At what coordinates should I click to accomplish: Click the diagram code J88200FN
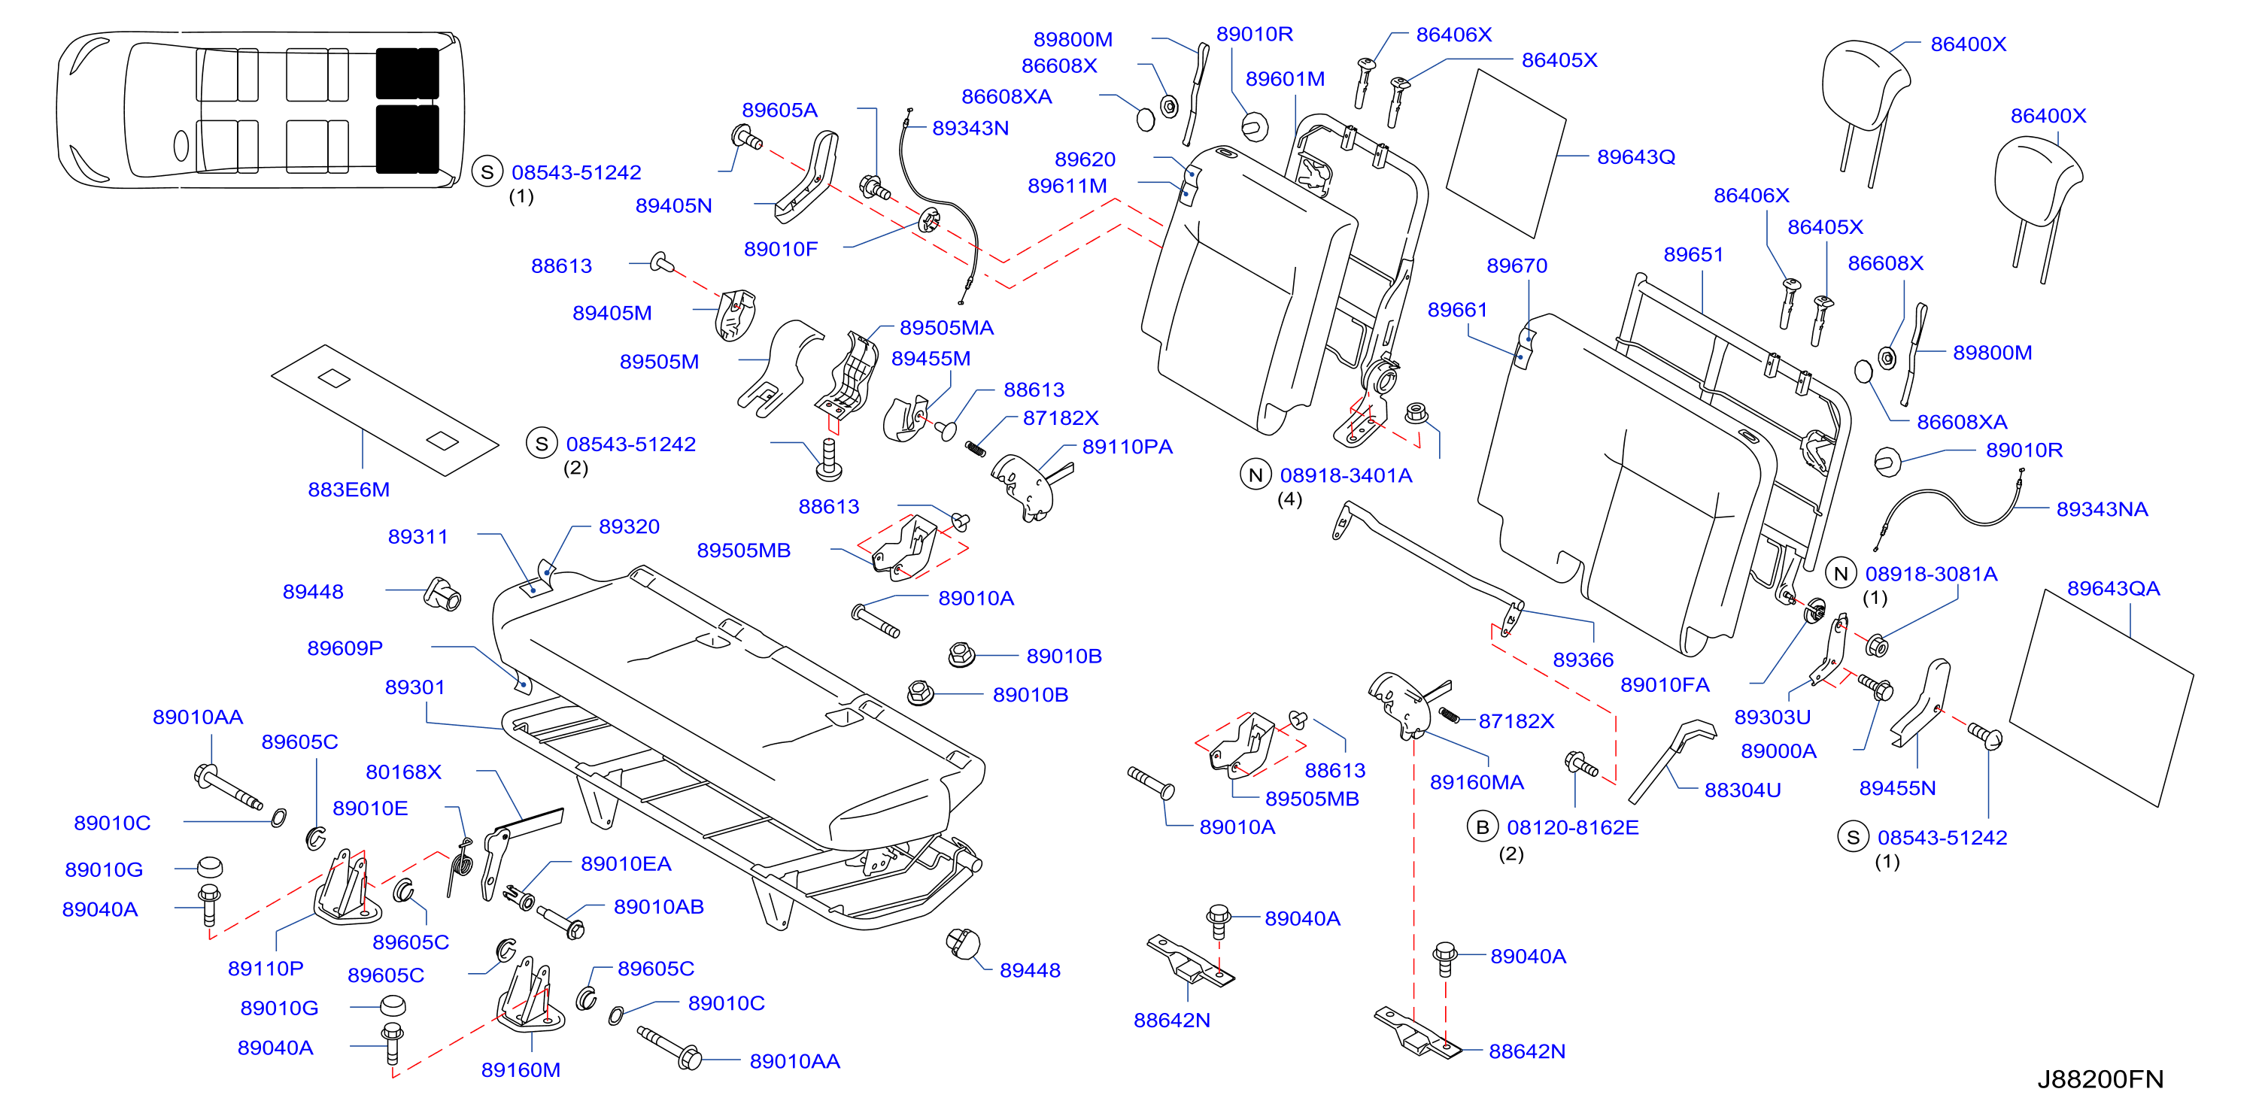point(2100,1079)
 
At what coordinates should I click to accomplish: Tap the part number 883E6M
point(348,490)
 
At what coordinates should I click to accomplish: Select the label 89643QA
point(2113,588)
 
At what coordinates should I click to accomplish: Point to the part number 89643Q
point(1636,157)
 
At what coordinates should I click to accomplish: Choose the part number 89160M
point(521,1070)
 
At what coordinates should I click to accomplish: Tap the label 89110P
point(266,969)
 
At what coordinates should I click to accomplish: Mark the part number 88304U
point(1742,790)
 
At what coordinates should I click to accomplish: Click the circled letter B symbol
point(1482,827)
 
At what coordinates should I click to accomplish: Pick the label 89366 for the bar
point(1583,660)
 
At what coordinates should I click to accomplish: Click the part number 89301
point(414,687)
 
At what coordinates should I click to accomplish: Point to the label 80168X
point(403,772)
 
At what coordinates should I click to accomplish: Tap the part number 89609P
point(345,648)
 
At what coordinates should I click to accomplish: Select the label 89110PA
point(1127,447)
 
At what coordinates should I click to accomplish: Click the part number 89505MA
point(946,328)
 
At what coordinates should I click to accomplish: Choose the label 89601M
point(1285,79)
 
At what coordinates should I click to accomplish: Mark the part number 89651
point(1693,255)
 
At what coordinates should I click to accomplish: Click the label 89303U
point(1772,717)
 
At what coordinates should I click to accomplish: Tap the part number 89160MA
point(1476,782)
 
